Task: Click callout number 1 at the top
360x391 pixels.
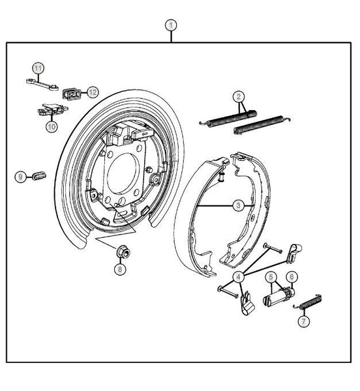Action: [171, 25]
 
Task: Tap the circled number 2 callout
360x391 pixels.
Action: [239, 96]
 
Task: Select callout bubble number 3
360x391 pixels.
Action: [239, 205]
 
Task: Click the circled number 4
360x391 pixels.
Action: [239, 277]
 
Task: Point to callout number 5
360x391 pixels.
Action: [271, 277]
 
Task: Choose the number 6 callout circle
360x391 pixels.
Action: [292, 276]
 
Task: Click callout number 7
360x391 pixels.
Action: [304, 321]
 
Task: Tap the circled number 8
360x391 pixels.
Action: [120, 269]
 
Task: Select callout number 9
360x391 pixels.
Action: [21, 177]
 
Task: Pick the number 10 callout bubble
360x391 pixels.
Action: [52, 126]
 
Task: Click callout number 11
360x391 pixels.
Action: [38, 68]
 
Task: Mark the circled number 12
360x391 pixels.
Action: [93, 93]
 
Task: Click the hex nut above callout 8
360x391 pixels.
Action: [123, 252]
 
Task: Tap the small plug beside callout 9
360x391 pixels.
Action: [39, 175]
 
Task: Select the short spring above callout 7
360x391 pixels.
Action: [308, 302]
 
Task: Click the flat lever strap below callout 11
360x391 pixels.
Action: [42, 84]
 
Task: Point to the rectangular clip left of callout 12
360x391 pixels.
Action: [72, 94]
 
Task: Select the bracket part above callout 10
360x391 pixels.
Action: [53, 109]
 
